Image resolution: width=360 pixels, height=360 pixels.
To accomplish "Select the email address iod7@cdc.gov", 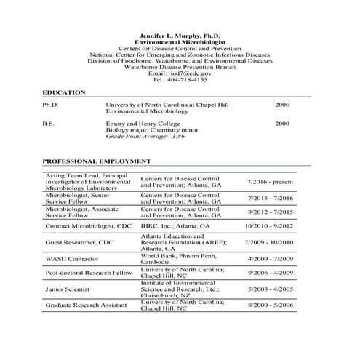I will point(192,73).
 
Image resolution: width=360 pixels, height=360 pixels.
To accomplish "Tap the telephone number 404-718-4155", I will point(188,80).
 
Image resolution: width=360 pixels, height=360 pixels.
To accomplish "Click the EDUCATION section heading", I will point(64,92).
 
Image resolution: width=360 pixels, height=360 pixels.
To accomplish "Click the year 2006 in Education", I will point(282,105).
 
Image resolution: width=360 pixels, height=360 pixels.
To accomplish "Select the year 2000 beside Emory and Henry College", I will point(282,124).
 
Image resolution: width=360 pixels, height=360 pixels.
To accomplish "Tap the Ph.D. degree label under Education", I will point(50,105).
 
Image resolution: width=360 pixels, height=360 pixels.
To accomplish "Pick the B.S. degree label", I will point(49,124).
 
